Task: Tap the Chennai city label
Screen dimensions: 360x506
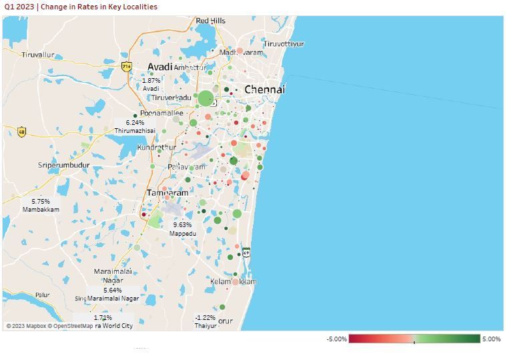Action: [264, 89]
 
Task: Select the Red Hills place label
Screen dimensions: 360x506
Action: [210, 21]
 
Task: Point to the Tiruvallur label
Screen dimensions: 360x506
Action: [37, 55]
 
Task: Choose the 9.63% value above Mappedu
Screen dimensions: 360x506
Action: [182, 225]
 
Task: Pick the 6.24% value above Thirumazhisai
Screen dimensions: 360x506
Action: [135, 123]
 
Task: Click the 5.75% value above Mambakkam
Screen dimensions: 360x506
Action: [41, 201]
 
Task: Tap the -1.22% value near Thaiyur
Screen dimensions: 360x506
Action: [205, 318]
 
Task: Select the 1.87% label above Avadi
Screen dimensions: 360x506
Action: [152, 80]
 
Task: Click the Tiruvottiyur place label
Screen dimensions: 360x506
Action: [284, 44]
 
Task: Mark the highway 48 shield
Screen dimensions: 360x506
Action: [22, 132]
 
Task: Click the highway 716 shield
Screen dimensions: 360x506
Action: [127, 67]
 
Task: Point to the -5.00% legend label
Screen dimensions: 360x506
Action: [336, 339]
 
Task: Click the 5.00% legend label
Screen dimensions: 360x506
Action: [491, 339]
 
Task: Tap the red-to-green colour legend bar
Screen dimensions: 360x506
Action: [414, 339]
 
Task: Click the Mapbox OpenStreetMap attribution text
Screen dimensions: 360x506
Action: [50, 326]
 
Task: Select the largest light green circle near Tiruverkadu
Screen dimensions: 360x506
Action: [206, 99]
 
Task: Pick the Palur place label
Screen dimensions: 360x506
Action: [42, 295]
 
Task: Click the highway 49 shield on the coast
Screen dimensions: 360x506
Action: [246, 252]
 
